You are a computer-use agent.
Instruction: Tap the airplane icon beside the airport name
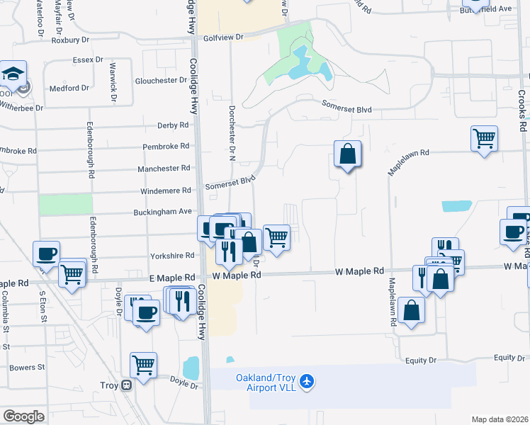pos(307,382)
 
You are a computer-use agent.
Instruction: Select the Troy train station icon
pos(126,386)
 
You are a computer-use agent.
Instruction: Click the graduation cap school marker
pos(13,73)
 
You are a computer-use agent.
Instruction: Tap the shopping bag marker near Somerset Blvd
pos(347,154)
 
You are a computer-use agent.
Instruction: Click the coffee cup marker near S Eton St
pos(47,254)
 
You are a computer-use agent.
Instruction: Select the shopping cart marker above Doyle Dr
pos(143,365)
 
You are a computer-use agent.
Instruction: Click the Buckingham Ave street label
pos(163,212)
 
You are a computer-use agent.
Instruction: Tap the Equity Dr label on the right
pos(509,358)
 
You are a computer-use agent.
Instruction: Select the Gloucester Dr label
pos(161,81)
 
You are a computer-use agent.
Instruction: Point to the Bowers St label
pos(27,368)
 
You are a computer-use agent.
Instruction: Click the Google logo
pos(23,416)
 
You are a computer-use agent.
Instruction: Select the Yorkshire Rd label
pos(172,256)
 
